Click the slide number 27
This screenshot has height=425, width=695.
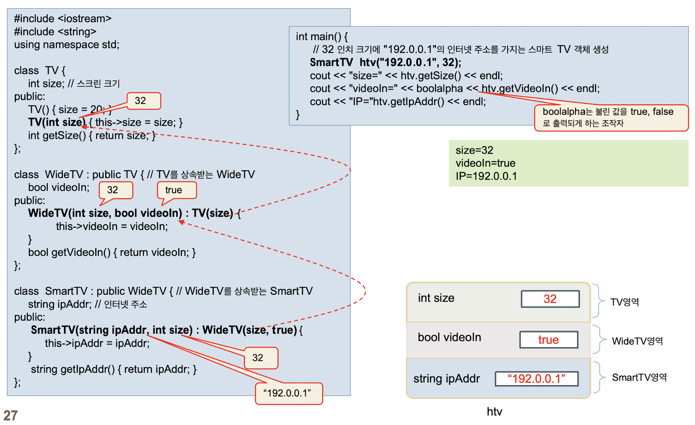pos(10,415)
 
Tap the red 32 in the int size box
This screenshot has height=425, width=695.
pos(550,299)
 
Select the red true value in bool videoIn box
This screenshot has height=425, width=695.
pos(548,339)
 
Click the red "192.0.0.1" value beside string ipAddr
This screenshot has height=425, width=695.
pos(536,378)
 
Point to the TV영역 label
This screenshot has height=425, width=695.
pos(625,302)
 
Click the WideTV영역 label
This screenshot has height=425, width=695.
pos(637,341)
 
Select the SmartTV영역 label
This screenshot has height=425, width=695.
pos(639,377)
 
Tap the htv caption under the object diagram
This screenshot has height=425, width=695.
pos(494,411)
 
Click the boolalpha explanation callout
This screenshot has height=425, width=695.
pos(611,117)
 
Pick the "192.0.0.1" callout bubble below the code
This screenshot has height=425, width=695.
pos(289,393)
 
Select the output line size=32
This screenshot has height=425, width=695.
pos(474,150)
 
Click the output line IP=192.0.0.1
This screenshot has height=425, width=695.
pos(486,176)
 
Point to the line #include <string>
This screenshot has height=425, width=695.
pos(55,32)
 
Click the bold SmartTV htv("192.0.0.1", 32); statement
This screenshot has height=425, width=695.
pos(385,62)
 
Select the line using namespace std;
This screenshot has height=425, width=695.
pos(67,45)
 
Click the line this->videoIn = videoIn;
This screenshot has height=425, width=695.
pos(112,226)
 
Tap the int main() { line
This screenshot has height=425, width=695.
pos(322,36)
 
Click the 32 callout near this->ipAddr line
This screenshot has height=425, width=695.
pos(260,358)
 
